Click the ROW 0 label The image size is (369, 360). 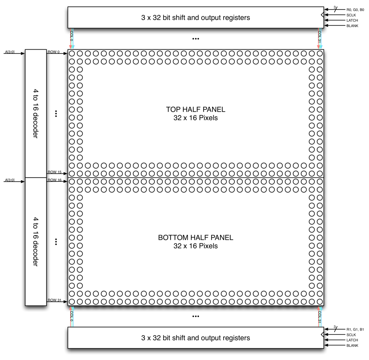[53, 52]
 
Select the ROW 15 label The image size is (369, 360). [55, 172]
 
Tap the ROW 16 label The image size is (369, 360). [55, 180]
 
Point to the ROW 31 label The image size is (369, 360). [55, 300]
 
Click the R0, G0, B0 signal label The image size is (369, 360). [355, 10]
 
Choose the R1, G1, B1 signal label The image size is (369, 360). [355, 329]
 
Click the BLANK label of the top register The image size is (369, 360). [352, 26]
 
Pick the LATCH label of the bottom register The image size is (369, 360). [352, 340]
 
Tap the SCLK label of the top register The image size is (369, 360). [351, 15]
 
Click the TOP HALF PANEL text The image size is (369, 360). [196, 109]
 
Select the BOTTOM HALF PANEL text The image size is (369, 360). [196, 238]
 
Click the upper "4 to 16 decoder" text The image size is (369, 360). [36, 114]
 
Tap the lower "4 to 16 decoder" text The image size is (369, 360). [36, 242]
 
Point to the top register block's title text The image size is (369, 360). [196, 18]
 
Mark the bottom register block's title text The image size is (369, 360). [196, 338]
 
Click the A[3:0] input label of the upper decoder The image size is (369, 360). [10, 52]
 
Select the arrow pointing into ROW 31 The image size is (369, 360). [57, 301]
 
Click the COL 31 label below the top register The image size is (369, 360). [319, 37]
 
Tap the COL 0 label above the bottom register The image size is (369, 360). [71, 316]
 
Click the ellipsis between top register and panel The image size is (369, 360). [196, 39]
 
